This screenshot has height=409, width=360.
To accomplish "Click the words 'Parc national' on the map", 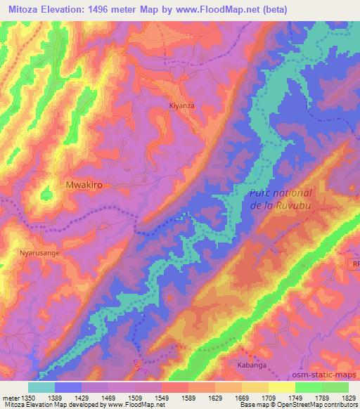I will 281,193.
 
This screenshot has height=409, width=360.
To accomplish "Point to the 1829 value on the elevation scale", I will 338,397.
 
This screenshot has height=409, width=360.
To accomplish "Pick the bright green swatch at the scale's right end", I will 335,387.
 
